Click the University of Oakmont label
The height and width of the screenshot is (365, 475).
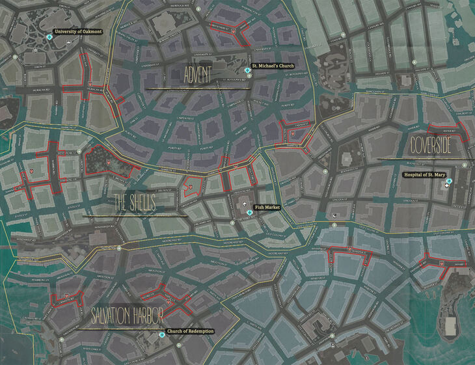coord(79,31)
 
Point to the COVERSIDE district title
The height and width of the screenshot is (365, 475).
coord(430,146)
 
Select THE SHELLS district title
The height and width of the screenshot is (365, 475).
coord(135,202)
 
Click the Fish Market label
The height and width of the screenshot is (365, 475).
coord(268,206)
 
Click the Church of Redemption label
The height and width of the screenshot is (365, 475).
coord(190,331)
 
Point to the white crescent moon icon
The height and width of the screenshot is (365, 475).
coord(334,215)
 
